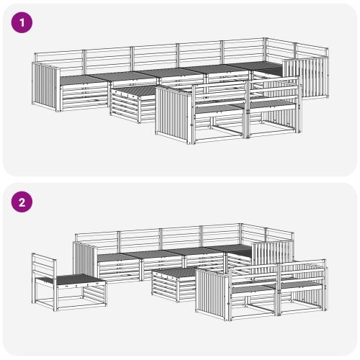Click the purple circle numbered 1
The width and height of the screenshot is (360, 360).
(22, 22)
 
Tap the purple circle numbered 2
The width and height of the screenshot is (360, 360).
(22, 202)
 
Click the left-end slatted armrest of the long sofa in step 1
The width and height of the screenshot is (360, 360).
(45, 86)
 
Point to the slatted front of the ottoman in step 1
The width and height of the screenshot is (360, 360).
(125, 107)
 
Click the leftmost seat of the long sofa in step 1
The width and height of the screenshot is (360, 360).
(81, 79)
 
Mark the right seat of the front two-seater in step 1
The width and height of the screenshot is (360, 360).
(271, 104)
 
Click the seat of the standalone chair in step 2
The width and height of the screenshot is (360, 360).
(70, 279)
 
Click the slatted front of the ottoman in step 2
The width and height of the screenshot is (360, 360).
(166, 286)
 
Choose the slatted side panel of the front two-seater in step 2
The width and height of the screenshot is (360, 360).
(212, 294)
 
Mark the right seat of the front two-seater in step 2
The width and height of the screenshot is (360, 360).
(301, 285)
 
